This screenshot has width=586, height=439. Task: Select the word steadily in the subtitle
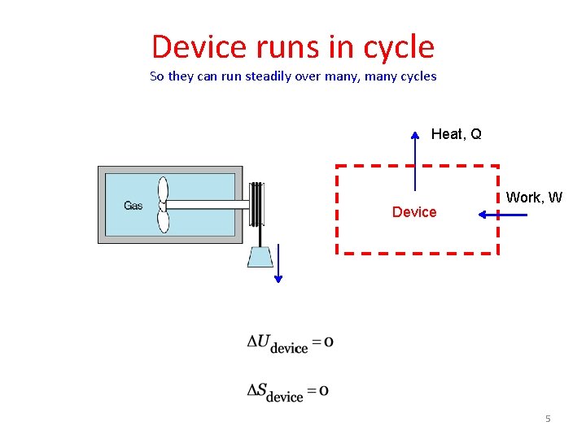point(262,76)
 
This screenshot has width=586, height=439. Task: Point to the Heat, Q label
point(456,134)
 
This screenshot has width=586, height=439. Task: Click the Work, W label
point(534,198)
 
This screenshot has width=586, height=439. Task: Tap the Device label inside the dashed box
point(414,212)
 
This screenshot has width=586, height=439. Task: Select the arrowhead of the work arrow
point(482,215)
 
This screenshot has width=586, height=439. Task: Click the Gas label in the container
point(133,206)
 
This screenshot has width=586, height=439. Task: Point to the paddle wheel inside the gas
point(163,205)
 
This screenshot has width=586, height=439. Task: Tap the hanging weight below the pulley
point(260,256)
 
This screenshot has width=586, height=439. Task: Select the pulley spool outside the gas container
point(257,204)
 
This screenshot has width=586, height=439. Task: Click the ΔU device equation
point(290,343)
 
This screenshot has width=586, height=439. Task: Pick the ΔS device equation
point(288,392)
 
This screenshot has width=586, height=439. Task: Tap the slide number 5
point(548,419)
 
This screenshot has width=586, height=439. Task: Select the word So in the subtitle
point(157,76)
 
